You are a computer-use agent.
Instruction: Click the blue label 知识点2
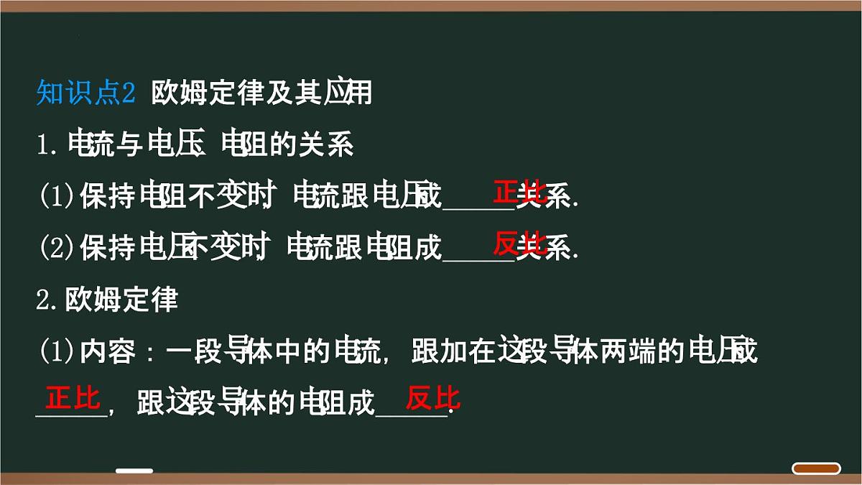85,93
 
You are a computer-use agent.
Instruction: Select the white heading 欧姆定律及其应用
261,93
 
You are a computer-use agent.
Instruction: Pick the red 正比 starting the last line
73,397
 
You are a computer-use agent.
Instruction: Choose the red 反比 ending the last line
432,397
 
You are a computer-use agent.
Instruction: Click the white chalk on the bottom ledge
134,471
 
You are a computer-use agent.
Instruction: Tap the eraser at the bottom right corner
816,468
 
